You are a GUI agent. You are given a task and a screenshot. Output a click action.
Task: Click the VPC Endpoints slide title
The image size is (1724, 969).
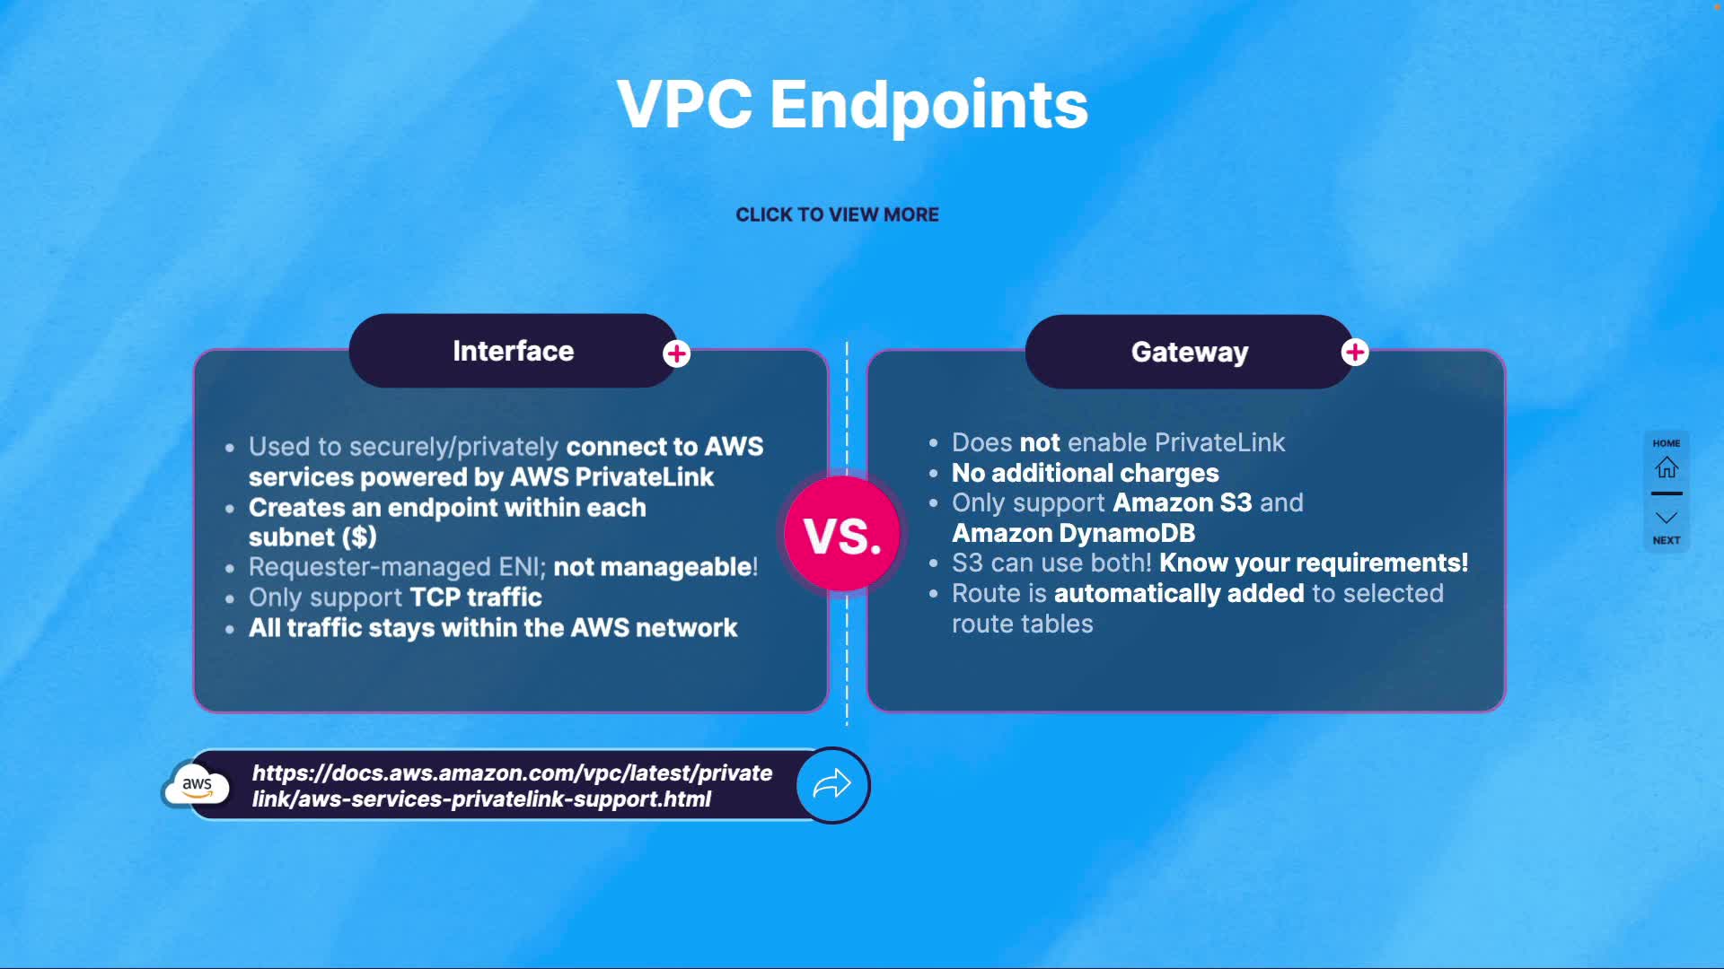(852, 105)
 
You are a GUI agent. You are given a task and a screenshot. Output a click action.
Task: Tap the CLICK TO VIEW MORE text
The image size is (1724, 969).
(837, 214)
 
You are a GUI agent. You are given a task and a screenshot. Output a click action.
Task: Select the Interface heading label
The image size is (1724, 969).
(513, 351)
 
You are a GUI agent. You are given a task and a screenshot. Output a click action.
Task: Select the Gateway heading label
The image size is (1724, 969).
(1189, 352)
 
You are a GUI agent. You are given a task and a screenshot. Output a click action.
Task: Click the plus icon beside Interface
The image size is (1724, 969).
(677, 354)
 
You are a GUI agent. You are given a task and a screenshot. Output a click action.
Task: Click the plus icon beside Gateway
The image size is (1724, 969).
(1355, 353)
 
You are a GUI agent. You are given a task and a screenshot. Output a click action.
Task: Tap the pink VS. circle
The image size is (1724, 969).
(841, 534)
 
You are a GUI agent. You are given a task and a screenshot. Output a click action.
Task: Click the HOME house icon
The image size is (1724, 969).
(1667, 467)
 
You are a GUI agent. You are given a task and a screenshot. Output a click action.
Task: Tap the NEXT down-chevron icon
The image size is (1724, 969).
(1667, 519)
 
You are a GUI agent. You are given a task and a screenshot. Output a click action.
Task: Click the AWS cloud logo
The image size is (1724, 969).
(198, 785)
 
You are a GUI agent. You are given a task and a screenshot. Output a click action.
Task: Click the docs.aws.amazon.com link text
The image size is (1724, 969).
(512, 786)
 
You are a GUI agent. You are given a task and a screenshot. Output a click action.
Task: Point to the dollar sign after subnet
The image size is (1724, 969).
(359, 537)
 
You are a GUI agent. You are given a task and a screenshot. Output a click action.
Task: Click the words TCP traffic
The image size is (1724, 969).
(476, 598)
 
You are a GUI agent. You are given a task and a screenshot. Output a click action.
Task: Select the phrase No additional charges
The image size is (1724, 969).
(1085, 473)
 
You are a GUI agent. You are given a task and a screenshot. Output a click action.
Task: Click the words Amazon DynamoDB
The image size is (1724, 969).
(1073, 533)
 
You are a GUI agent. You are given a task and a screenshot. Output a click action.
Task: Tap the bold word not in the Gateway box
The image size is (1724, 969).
(1040, 442)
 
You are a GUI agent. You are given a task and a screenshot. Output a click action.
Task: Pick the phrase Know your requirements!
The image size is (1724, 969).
(1314, 563)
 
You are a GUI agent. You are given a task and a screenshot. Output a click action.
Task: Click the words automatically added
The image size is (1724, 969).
(1178, 593)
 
